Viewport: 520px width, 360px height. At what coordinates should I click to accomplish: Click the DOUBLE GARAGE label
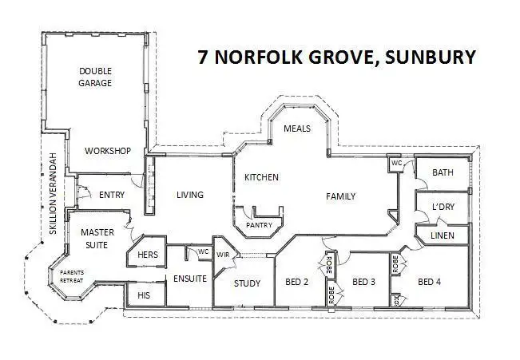(95, 77)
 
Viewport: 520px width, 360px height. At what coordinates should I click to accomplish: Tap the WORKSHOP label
(108, 151)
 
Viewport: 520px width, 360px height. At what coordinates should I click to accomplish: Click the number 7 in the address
(204, 57)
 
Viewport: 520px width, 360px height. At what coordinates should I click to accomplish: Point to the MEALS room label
(297, 129)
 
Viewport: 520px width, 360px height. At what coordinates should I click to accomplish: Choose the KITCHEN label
(261, 176)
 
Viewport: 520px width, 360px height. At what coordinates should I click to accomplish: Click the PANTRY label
(259, 225)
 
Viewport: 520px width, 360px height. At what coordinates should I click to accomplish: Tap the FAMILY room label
(339, 196)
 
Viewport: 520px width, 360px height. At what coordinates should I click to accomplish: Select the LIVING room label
(190, 195)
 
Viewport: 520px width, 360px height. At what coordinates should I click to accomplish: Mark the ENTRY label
(112, 195)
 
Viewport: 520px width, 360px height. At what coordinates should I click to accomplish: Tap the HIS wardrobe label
(144, 295)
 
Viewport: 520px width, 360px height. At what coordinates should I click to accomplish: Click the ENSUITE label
(190, 279)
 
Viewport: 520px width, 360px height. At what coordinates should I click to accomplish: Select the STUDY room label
(248, 283)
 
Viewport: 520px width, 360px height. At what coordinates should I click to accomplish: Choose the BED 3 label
(364, 281)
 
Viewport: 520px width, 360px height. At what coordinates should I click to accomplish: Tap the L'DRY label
(443, 207)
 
